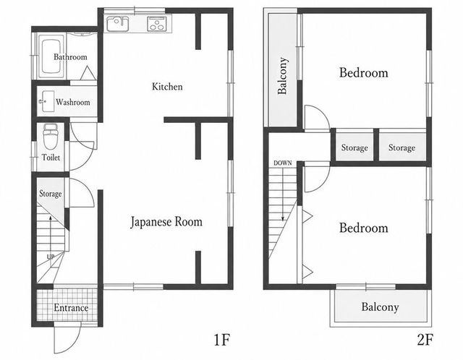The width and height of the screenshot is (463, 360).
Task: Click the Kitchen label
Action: (x=167, y=87)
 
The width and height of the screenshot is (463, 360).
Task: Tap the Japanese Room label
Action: (x=166, y=222)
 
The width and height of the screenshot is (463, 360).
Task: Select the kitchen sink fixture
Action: (x=117, y=24)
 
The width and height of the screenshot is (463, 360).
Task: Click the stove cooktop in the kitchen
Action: (x=157, y=24)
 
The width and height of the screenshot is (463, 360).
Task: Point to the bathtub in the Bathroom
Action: (x=51, y=56)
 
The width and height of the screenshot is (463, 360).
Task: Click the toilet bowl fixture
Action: (x=51, y=137)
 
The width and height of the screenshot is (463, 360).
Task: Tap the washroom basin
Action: (x=47, y=101)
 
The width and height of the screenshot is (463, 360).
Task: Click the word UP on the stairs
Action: (x=51, y=257)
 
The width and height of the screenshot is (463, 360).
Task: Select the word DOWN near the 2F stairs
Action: (x=283, y=163)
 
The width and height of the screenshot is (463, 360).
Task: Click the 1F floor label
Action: (x=221, y=340)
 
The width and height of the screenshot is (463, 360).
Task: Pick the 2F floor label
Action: (x=425, y=340)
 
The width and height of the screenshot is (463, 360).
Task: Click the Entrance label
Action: (x=71, y=308)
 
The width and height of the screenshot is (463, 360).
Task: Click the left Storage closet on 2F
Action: (x=354, y=147)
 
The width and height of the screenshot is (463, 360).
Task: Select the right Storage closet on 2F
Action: (x=402, y=147)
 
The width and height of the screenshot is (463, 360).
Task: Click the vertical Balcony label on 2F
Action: (x=282, y=76)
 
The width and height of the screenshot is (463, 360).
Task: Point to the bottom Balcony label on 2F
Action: (x=380, y=307)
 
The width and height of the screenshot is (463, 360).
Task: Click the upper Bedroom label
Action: (x=363, y=72)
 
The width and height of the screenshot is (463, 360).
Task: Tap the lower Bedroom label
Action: (x=363, y=228)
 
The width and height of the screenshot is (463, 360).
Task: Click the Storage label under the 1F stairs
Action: (x=51, y=194)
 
